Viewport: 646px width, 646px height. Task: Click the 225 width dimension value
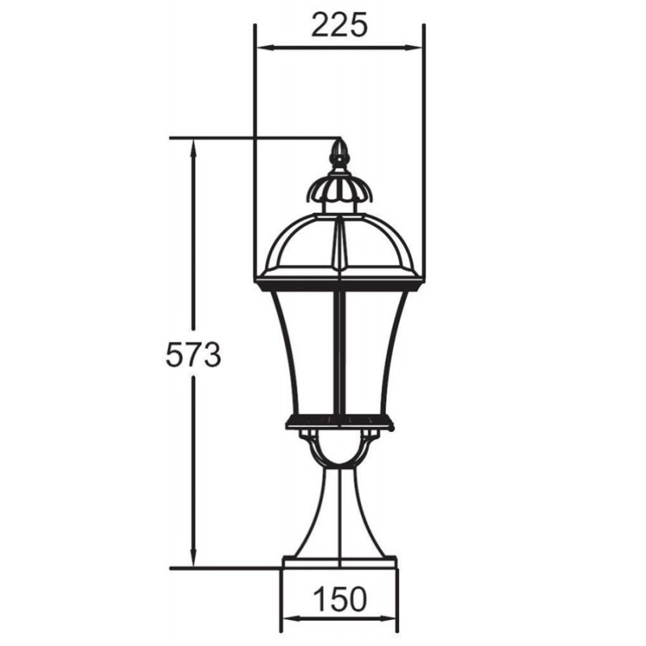click(338, 25)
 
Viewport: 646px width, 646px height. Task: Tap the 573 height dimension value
click(193, 354)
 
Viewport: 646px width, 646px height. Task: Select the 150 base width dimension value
click(340, 598)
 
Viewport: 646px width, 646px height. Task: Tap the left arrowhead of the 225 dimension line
click(266, 48)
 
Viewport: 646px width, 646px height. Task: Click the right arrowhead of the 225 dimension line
click(413, 48)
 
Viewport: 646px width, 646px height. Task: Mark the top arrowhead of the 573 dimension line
click(193, 148)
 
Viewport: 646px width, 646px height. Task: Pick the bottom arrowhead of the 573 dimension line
click(193, 559)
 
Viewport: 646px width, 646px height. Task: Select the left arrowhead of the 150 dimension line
click(292, 619)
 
